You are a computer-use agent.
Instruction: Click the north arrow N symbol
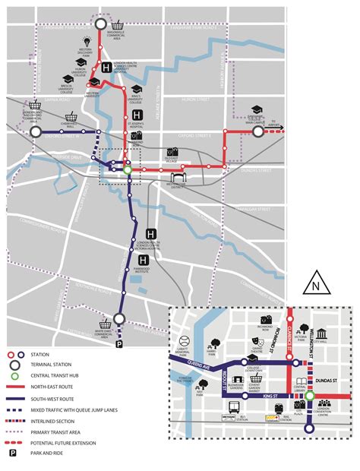314,286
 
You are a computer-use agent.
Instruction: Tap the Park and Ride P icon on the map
118,324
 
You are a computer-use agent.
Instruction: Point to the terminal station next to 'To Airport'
257,131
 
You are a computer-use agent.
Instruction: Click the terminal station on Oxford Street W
35,131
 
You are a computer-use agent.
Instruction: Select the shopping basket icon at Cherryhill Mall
71,117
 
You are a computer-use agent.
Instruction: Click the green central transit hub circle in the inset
310,396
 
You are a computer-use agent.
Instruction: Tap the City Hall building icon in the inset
321,336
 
